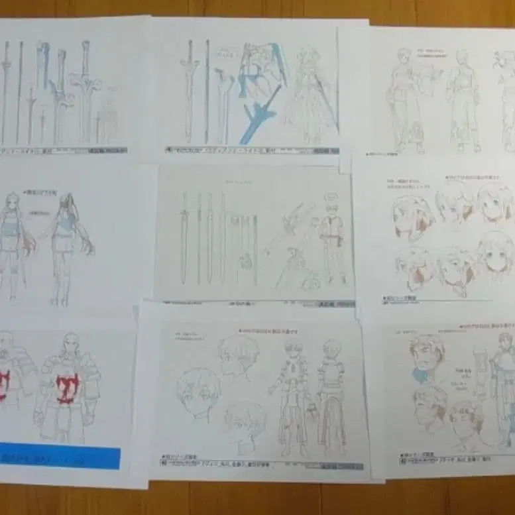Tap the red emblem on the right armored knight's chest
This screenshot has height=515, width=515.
[x=67, y=388]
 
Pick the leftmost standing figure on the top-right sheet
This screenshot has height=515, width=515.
[x=405, y=99]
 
